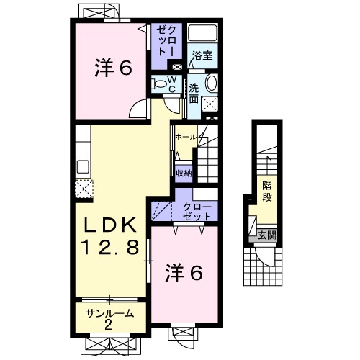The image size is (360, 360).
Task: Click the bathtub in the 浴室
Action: (x=202, y=34)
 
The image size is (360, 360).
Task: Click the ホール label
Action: (x=186, y=135)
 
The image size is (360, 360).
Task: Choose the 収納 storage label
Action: (x=184, y=173)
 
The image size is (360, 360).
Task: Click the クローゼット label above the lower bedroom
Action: (x=197, y=212)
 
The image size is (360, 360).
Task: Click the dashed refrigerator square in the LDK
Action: (x=81, y=189)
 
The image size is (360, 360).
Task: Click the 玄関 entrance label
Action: (x=267, y=235)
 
